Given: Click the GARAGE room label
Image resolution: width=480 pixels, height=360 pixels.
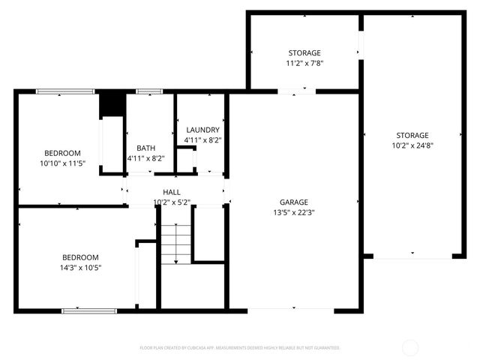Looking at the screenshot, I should (294, 202).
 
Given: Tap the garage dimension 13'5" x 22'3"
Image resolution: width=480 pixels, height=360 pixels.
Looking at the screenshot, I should (294, 212).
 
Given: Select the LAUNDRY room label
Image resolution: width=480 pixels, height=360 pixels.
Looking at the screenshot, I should (202, 130).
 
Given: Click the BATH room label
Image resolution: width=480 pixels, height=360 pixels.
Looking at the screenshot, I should (145, 148).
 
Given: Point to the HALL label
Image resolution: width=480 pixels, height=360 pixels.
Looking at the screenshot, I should (172, 193).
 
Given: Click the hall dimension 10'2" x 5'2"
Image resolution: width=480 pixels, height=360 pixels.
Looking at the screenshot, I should (172, 202).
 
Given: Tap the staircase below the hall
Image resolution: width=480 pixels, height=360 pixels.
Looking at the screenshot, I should (176, 244).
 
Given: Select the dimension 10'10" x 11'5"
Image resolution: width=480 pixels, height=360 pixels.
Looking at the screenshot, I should (63, 162).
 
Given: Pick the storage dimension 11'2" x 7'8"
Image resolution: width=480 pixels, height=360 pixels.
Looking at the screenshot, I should (304, 64).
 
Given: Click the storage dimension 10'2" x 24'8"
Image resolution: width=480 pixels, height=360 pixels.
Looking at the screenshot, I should (412, 145).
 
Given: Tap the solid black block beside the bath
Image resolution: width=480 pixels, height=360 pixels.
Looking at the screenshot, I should (112, 103).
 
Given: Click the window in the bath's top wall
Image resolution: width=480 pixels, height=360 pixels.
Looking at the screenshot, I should (149, 91).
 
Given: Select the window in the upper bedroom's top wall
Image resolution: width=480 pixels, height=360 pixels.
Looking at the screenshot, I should (65, 91).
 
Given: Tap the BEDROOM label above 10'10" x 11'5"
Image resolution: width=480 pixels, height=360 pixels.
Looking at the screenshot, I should (63, 152).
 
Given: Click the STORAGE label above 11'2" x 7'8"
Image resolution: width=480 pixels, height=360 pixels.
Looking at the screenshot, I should (304, 53).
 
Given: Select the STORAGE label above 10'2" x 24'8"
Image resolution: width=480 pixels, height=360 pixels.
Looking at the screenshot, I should (412, 135).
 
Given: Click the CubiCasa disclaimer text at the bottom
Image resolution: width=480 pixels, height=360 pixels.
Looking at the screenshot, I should (239, 348).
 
